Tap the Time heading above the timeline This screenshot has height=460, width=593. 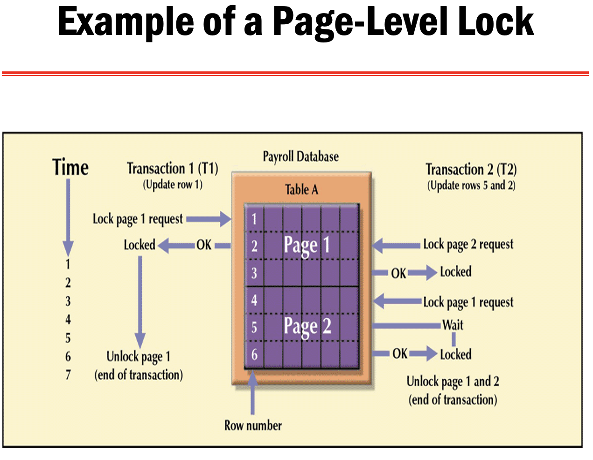(70, 167)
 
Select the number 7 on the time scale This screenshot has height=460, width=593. (68, 375)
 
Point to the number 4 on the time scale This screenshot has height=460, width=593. (68, 320)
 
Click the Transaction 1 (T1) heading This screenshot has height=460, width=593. (172, 168)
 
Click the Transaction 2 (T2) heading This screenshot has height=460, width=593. (471, 169)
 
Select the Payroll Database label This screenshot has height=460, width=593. (300, 157)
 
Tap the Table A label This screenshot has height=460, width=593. (301, 190)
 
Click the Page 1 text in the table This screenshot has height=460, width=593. (307, 245)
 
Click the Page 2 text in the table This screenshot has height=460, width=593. (307, 326)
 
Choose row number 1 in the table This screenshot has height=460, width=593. (254, 218)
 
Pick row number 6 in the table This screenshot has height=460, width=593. (254, 355)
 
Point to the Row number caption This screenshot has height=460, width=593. (253, 425)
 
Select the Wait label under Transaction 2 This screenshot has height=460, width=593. (453, 325)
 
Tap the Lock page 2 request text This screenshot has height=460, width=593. (468, 244)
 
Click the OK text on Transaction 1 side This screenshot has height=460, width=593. (204, 245)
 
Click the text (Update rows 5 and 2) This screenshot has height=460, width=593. (471, 186)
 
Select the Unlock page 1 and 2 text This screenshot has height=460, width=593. (453, 382)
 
